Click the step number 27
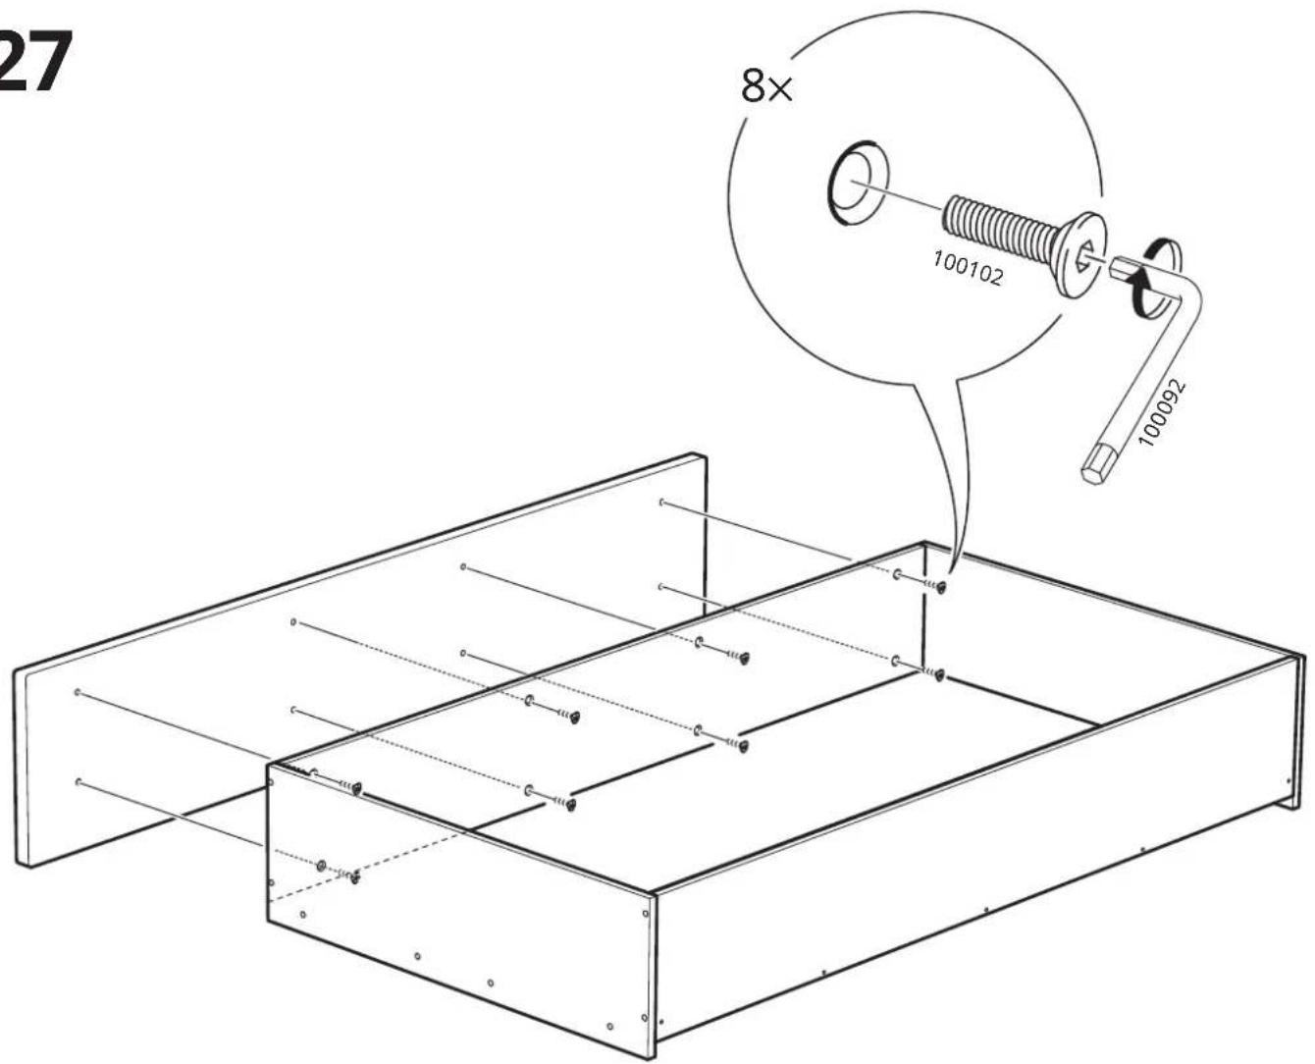(34, 62)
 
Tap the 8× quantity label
(767, 86)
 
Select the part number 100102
(968, 269)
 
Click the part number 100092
(1162, 412)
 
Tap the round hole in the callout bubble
(858, 184)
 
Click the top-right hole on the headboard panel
(661, 502)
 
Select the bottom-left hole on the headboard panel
(79, 783)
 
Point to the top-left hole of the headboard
(78, 692)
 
